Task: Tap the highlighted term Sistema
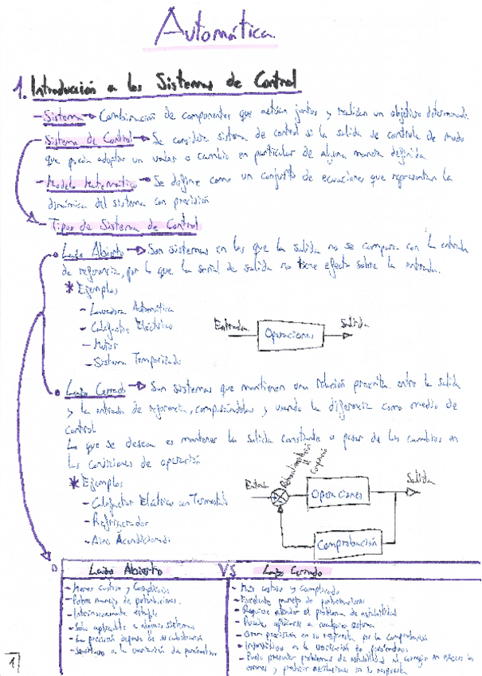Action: (64, 116)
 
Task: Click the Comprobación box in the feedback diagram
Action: (347, 545)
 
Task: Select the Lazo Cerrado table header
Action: (292, 572)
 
